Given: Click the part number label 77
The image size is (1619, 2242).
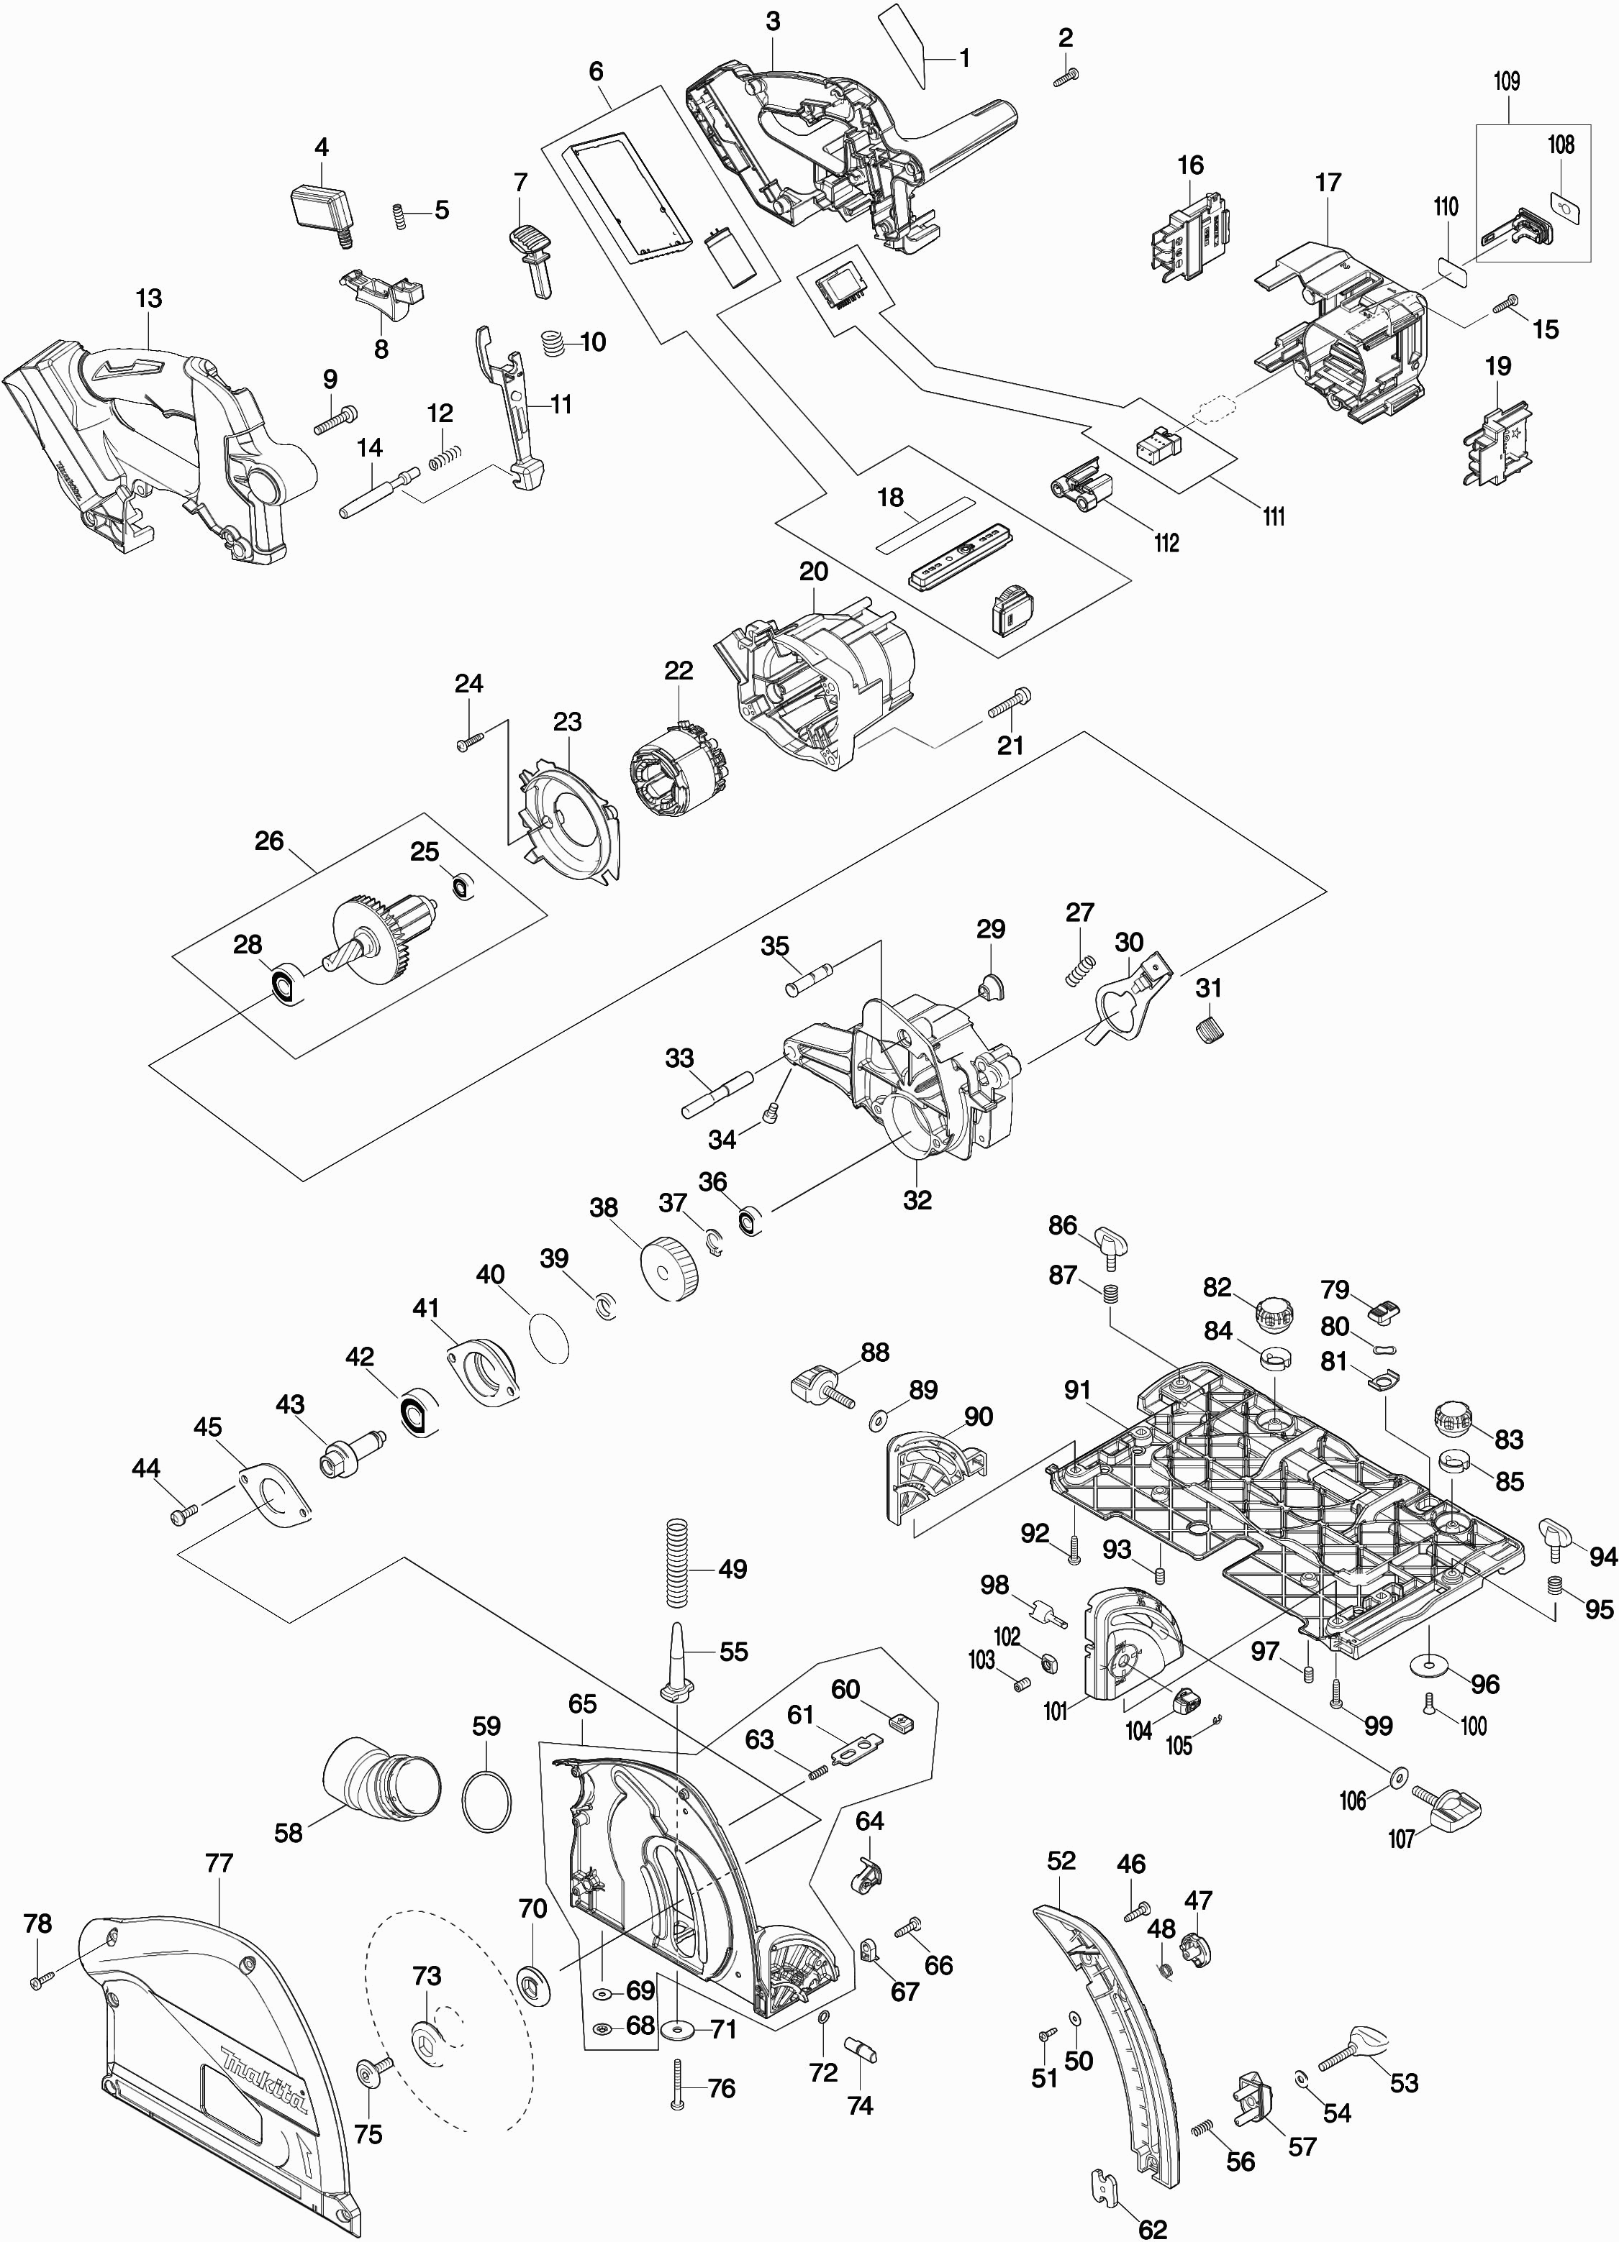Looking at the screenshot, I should pos(219,1863).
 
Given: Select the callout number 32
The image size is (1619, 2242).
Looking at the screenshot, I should pos(918,1200).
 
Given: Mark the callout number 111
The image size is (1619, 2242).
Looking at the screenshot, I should pos(1274,516).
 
